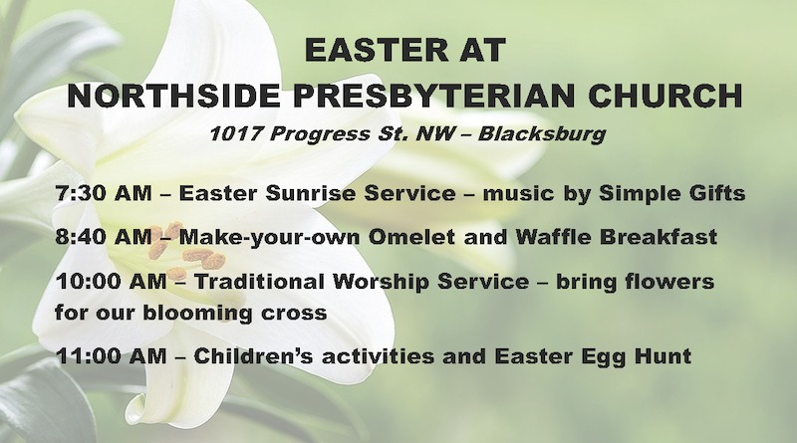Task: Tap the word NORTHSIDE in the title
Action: point(173,95)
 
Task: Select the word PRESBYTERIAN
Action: point(434,95)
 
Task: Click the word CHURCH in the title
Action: point(665,95)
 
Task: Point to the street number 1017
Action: point(236,134)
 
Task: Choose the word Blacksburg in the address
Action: point(542,134)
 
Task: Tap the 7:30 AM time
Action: point(104,193)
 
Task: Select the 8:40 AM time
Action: point(104,237)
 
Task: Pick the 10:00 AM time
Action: point(111,281)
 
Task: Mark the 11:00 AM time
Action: point(111,355)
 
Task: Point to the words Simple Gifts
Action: point(671,193)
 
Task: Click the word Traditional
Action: point(259,281)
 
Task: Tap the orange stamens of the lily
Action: point(186,250)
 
